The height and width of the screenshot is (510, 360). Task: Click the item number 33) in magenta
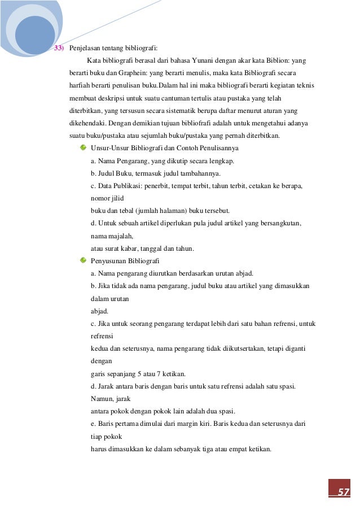[x=59, y=48]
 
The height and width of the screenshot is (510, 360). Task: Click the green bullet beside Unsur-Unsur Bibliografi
[x=83, y=148]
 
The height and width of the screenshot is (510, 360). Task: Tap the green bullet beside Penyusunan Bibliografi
[x=83, y=260]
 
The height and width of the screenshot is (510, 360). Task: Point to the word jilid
[x=117, y=198]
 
